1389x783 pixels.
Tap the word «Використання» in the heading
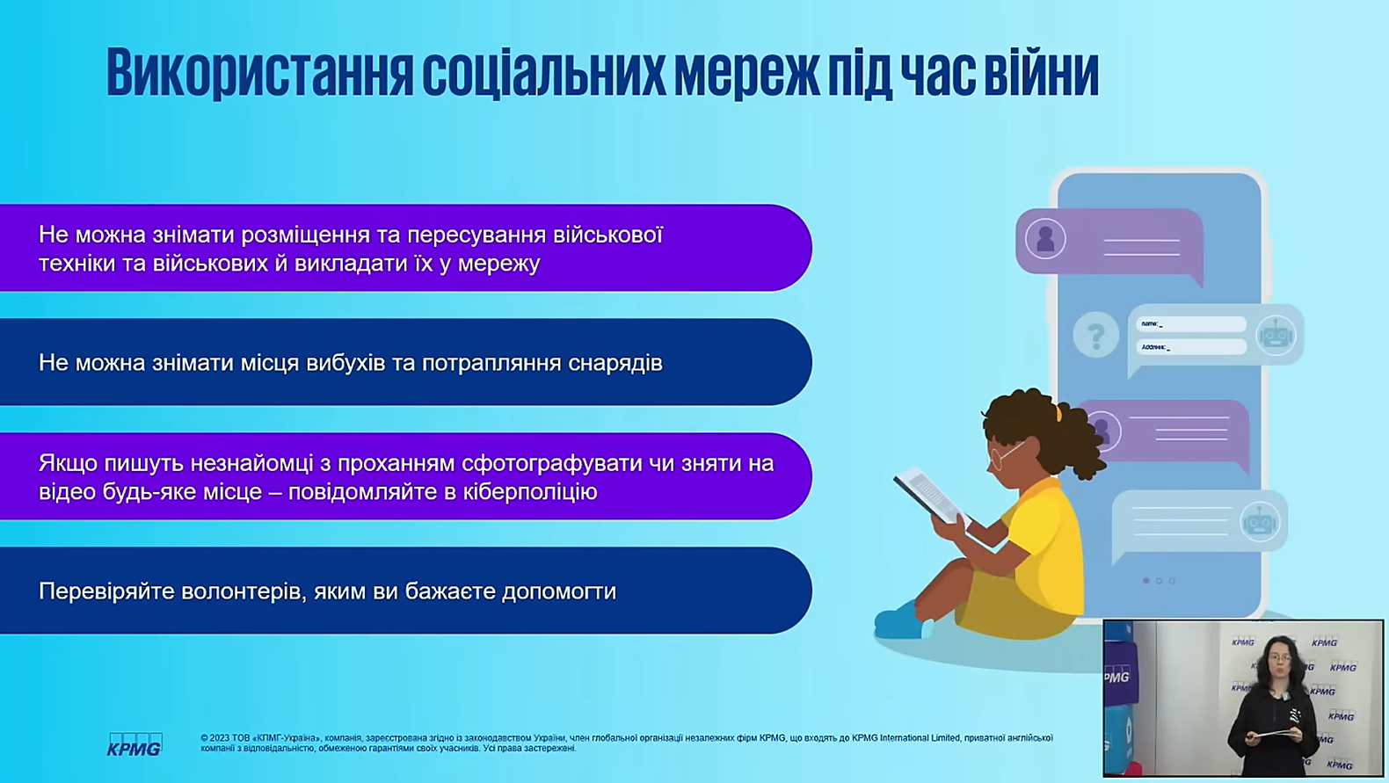(x=260, y=72)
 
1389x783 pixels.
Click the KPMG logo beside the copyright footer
(x=135, y=744)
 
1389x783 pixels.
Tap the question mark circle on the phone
(x=1095, y=336)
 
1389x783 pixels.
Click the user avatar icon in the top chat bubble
(x=1045, y=239)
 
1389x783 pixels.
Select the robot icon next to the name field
(x=1276, y=336)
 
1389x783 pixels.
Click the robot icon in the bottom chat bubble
(x=1260, y=521)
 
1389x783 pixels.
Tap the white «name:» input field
(x=1191, y=323)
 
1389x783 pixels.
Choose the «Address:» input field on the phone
(x=1191, y=347)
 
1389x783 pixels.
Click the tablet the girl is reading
(x=930, y=496)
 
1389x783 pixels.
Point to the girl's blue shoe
(x=900, y=621)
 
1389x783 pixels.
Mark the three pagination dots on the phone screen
(x=1159, y=581)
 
